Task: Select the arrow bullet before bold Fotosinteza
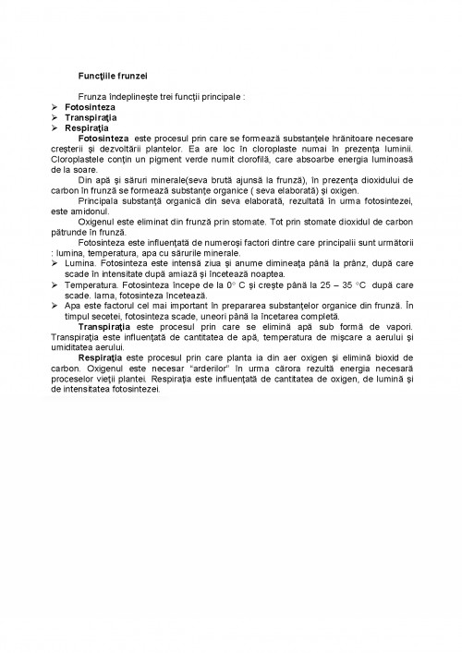[55, 107]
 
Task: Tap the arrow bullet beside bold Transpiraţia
[55, 117]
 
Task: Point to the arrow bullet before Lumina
[55, 263]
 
